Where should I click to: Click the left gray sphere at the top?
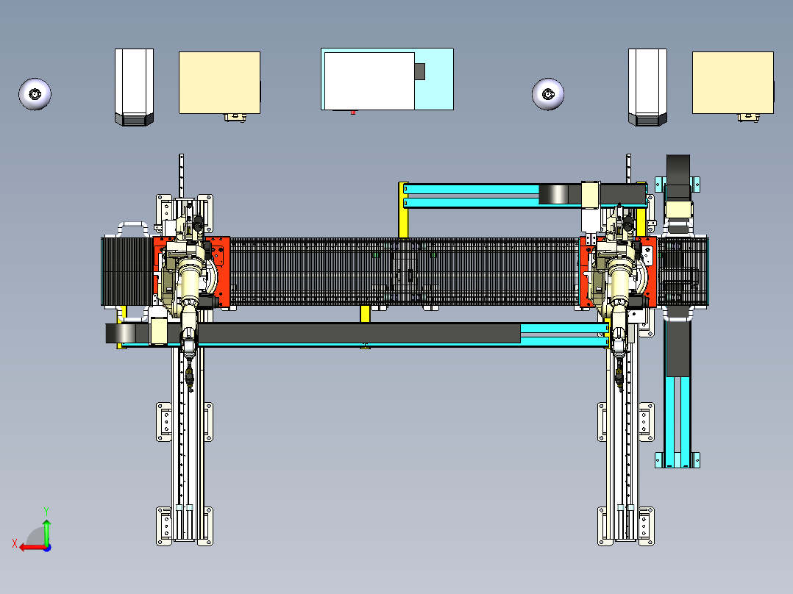[35, 94]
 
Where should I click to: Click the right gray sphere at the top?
[548, 94]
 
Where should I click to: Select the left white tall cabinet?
[134, 87]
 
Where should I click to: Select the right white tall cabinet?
[647, 87]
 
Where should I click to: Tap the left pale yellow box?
[219, 82]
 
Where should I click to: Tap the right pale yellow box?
[733, 82]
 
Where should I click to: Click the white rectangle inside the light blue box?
[369, 81]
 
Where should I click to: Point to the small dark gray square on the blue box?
[420, 72]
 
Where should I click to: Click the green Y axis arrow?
[46, 531]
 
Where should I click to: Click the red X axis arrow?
[33, 548]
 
